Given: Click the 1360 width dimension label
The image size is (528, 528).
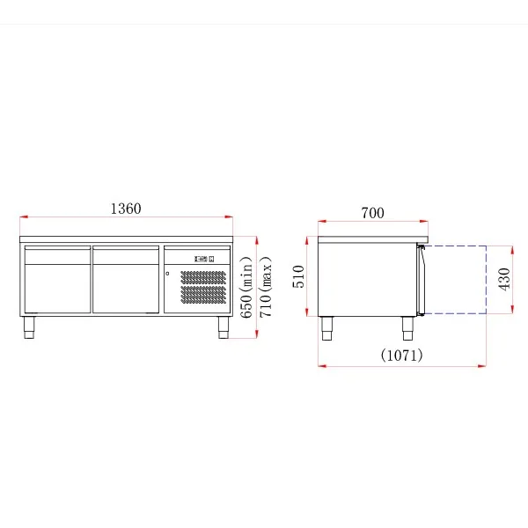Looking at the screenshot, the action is [x=126, y=209].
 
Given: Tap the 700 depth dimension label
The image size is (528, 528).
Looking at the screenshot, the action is [x=372, y=213].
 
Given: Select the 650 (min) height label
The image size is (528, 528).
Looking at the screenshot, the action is [x=246, y=287].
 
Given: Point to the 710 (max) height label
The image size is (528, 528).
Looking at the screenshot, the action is [x=266, y=287].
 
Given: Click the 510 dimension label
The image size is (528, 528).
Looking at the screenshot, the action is [x=298, y=276].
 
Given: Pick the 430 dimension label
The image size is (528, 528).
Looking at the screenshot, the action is [x=504, y=279].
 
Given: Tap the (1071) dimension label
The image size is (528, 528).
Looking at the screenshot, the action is [x=402, y=355].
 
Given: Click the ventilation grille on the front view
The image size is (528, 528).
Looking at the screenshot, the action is [x=203, y=287].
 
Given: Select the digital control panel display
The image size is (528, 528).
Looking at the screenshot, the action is [x=204, y=259].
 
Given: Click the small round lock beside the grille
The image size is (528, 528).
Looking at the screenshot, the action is [x=167, y=274].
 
